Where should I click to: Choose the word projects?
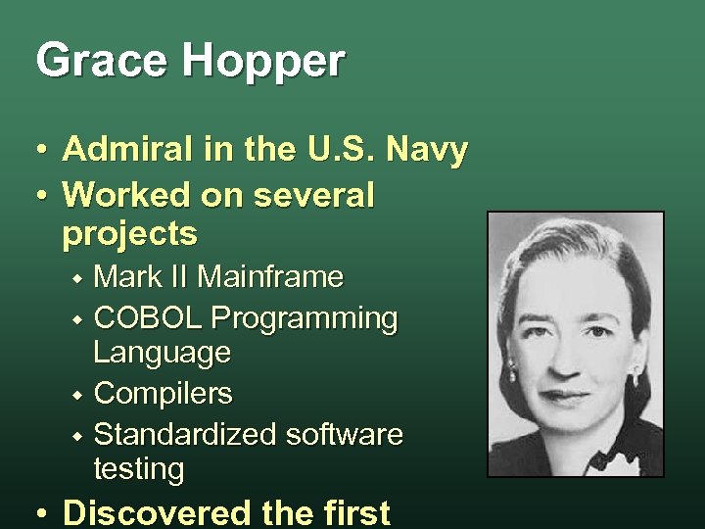coord(129,235)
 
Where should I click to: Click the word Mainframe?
coord(270,278)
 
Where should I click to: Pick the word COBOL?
coord(148,318)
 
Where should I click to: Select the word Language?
coord(163,352)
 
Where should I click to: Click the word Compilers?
coord(163,395)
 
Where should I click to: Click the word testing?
coord(138,469)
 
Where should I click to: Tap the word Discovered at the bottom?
coord(157,512)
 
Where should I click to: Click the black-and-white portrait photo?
coord(575,343)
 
